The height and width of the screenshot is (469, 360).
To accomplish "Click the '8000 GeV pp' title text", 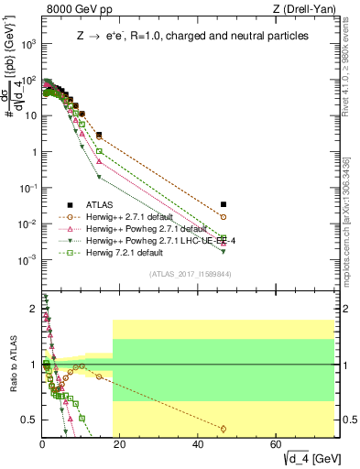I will tap(72, 9).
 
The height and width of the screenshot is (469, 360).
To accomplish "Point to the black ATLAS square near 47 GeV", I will tap(224, 204).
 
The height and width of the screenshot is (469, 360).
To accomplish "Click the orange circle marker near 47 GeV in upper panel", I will tap(224, 217).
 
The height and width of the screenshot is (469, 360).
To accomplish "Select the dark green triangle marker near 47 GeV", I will tap(224, 250).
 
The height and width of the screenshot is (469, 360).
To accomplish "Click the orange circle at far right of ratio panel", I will tap(224, 428).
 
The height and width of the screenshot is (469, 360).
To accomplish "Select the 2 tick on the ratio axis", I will tap(34, 309).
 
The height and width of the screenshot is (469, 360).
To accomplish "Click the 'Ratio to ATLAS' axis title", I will tap(12, 366).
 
